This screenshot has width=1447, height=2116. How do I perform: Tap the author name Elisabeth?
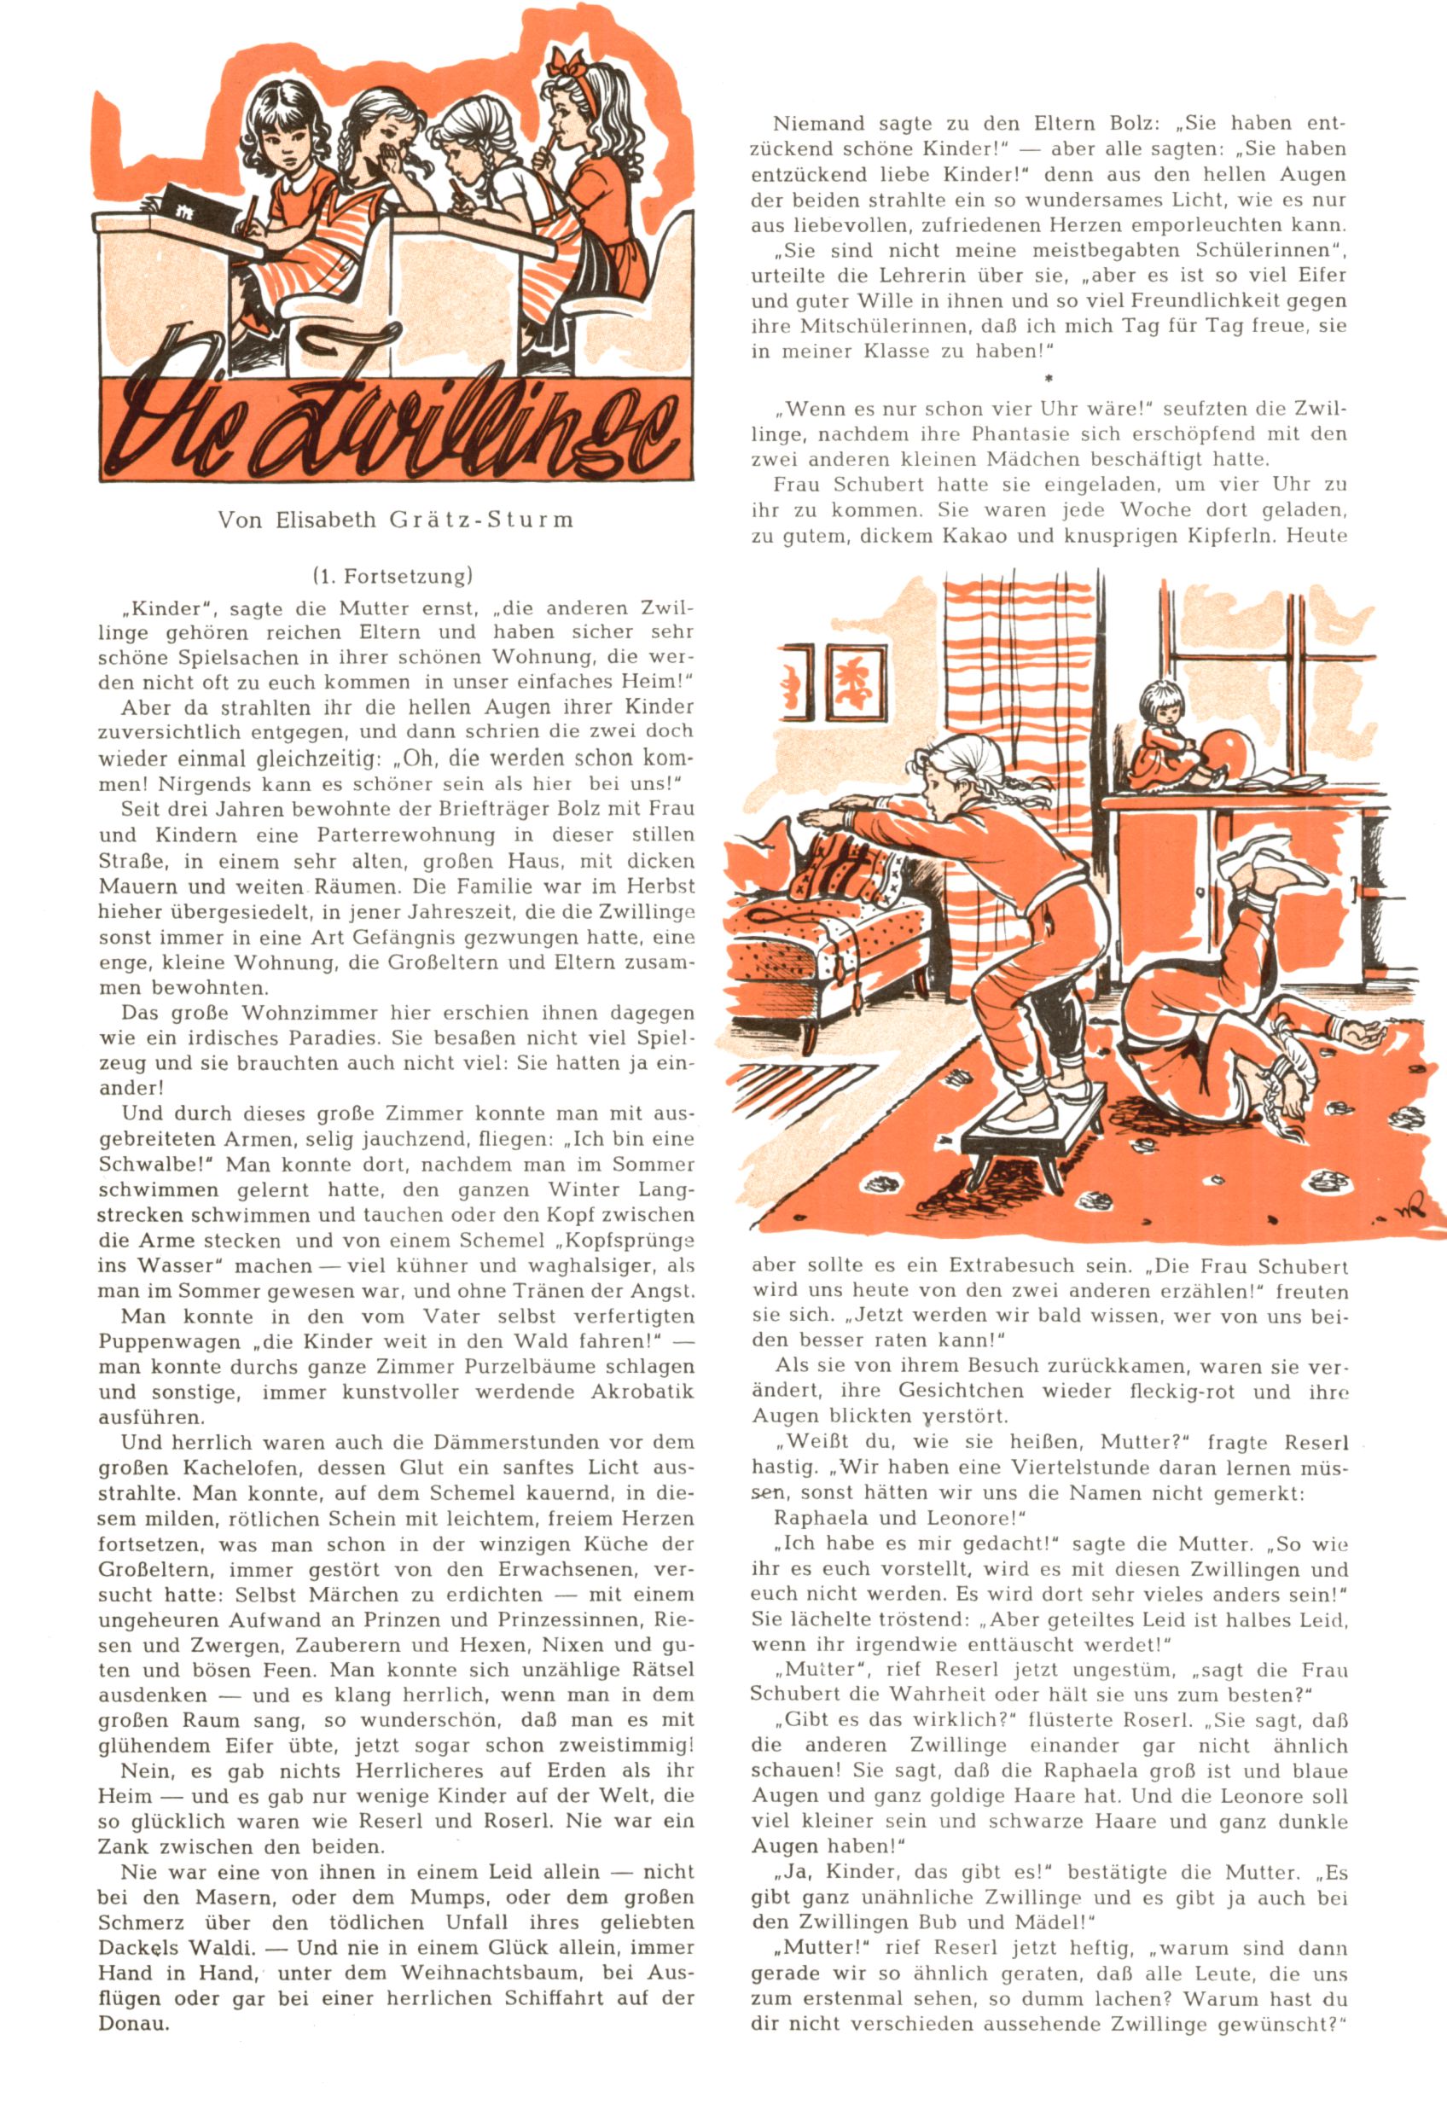(325, 520)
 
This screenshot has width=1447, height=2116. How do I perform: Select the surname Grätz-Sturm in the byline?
(481, 520)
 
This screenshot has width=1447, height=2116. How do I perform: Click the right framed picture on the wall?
(857, 683)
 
